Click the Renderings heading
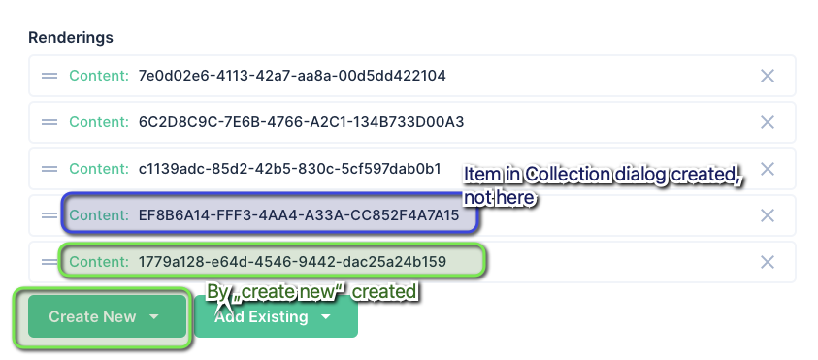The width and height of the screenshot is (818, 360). [x=71, y=37]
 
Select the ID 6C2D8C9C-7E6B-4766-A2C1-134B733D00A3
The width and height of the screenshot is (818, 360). [x=302, y=122]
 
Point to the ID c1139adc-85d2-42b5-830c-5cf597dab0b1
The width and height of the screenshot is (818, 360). [x=289, y=169]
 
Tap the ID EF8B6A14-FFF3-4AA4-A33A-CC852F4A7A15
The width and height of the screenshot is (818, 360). [x=298, y=215]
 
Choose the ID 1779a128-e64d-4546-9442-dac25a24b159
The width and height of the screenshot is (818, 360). [x=292, y=262]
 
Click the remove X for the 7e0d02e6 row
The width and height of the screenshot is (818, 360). [x=767, y=76]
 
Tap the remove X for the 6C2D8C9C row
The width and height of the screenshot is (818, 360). [x=767, y=122]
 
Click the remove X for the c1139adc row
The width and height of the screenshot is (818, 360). [x=767, y=169]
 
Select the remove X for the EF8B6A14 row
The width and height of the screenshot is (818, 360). [x=767, y=215]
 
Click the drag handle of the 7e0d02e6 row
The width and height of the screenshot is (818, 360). [x=49, y=76]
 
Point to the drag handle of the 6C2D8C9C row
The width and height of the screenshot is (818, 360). [x=49, y=122]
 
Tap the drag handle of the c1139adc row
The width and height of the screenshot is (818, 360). [x=49, y=169]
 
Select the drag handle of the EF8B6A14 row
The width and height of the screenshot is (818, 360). [x=49, y=215]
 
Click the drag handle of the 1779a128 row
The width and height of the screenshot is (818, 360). [x=49, y=262]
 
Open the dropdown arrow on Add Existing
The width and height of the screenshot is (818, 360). [x=326, y=317]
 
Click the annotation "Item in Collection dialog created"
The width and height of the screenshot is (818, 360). [x=602, y=176]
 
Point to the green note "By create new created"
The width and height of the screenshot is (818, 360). [x=311, y=292]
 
